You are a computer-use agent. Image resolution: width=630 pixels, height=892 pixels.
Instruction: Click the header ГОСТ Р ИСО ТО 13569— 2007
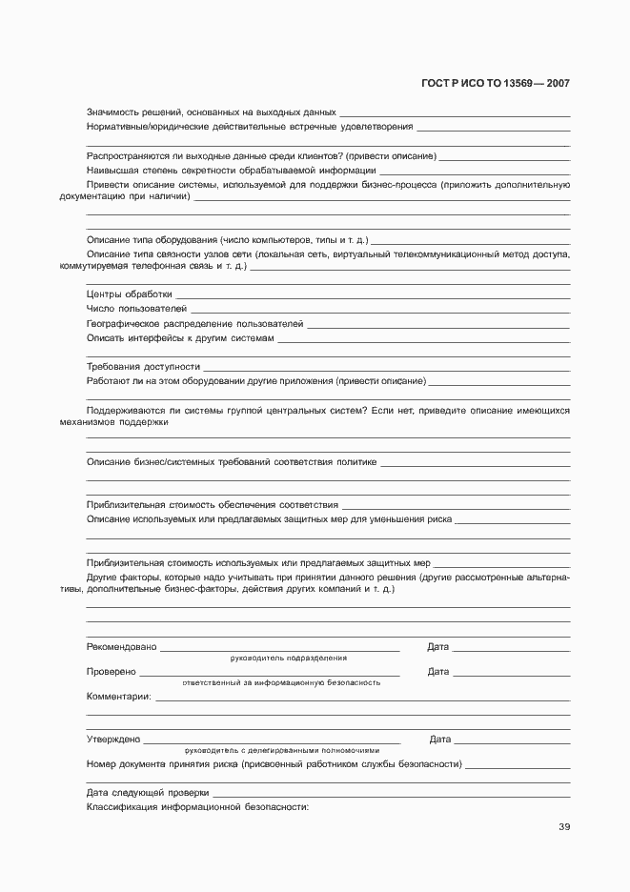495,84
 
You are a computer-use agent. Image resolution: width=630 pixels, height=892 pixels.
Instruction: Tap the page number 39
564,826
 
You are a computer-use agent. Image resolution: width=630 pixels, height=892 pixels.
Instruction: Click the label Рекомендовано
121,647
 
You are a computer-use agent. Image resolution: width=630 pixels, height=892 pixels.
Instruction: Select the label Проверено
111,672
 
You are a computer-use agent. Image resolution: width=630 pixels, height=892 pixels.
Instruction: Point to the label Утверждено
112,739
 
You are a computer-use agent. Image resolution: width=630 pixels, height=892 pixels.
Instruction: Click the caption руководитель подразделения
288,659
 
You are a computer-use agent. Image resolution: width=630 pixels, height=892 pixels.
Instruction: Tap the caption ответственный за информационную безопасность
281,682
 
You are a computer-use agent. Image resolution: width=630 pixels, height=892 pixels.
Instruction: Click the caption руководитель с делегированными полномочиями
289,750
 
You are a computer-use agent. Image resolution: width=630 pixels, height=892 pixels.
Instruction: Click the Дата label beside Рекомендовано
438,647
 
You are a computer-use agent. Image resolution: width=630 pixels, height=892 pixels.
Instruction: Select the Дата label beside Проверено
438,672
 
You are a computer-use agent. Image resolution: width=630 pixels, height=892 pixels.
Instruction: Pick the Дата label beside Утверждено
440,739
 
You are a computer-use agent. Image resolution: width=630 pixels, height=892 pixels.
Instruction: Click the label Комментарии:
118,697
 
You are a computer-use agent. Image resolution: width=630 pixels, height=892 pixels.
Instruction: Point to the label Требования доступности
143,366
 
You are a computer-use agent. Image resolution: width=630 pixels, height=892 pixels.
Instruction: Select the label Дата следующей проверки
147,792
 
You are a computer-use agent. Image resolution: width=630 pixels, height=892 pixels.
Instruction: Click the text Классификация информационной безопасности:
197,807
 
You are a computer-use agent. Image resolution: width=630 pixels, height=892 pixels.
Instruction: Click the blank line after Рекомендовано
279,650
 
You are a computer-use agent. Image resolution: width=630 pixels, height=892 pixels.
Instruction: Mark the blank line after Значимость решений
455,114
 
